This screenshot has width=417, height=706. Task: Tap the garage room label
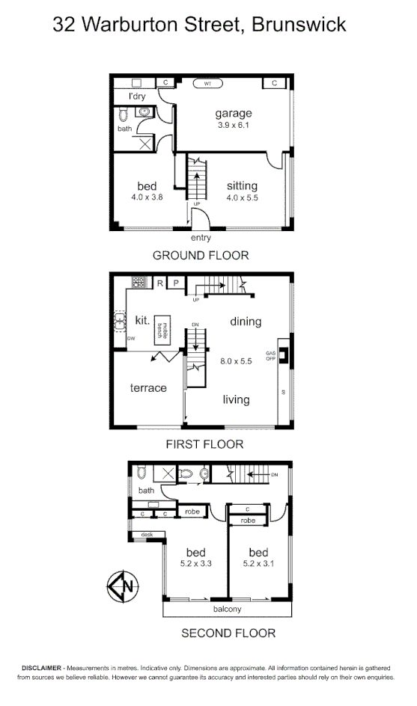click(234, 114)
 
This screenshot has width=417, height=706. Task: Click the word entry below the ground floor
click(201, 238)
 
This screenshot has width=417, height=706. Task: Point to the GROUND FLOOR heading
click(201, 256)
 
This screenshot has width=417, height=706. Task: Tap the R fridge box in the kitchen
click(159, 283)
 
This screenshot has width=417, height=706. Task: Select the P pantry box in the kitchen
click(176, 283)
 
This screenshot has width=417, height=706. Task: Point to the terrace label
click(148, 388)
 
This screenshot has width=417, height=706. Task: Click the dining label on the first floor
click(246, 322)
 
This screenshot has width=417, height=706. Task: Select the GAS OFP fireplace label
click(271, 355)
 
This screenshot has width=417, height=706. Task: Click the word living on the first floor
click(236, 400)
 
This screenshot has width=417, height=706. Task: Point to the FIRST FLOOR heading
click(205, 444)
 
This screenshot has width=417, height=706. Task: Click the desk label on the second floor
click(147, 535)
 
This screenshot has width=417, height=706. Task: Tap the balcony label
click(227, 609)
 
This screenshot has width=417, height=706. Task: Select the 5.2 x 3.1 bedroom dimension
click(264, 564)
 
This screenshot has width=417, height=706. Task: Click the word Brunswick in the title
click(299, 25)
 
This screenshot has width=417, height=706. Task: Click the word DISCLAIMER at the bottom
click(43, 666)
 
